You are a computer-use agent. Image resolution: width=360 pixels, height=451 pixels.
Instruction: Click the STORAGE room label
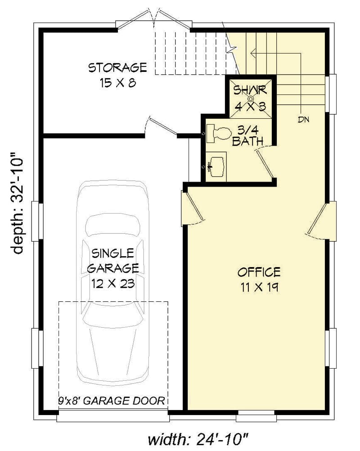(x=117, y=68)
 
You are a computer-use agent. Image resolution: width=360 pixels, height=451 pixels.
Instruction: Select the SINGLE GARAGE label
(x=112, y=260)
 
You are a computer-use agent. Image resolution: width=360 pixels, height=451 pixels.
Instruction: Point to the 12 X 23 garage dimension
(x=112, y=284)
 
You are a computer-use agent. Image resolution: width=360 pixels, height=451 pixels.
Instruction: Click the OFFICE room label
(x=259, y=272)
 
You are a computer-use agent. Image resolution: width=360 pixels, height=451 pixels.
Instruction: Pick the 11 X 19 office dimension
(x=259, y=287)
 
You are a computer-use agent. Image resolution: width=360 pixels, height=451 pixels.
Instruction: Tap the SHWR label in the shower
(x=250, y=89)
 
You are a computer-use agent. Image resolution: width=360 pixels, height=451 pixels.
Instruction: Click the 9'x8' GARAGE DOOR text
(x=112, y=401)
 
